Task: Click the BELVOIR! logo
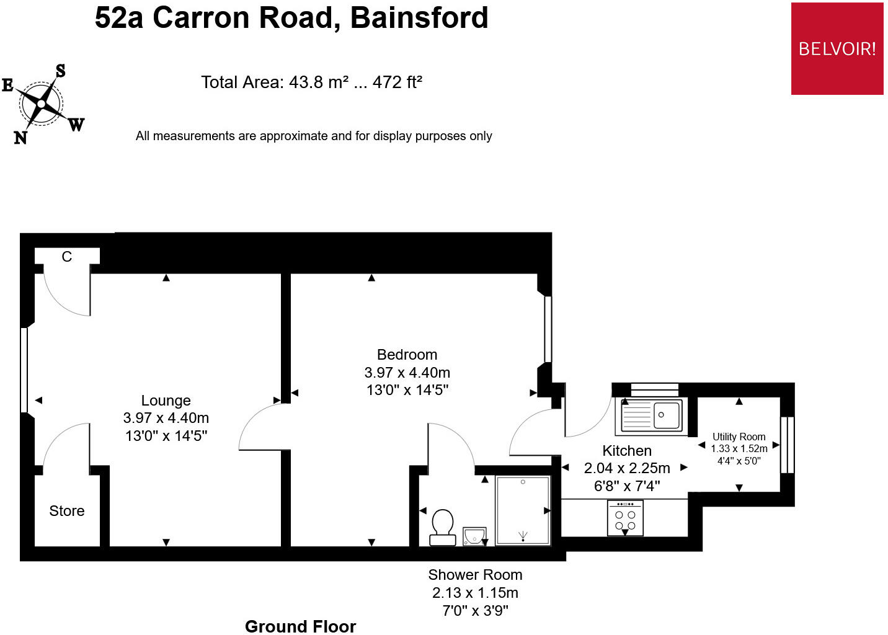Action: [837, 49]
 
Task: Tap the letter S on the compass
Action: [60, 71]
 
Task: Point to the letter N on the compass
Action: [20, 138]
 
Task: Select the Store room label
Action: [66, 511]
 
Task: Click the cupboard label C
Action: [66, 257]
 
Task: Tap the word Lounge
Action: [166, 401]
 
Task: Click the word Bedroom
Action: [407, 354]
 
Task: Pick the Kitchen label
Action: [627, 451]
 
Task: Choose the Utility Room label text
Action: [739, 437]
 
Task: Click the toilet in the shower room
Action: [442, 528]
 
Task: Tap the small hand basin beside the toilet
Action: [474, 536]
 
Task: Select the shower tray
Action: [523, 510]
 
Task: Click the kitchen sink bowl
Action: [666, 415]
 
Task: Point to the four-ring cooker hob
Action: [625, 518]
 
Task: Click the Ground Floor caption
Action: [301, 627]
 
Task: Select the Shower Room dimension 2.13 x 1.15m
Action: [475, 593]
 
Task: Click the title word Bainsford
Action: [419, 18]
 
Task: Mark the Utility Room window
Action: [788, 445]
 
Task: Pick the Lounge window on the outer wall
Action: [24, 370]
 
